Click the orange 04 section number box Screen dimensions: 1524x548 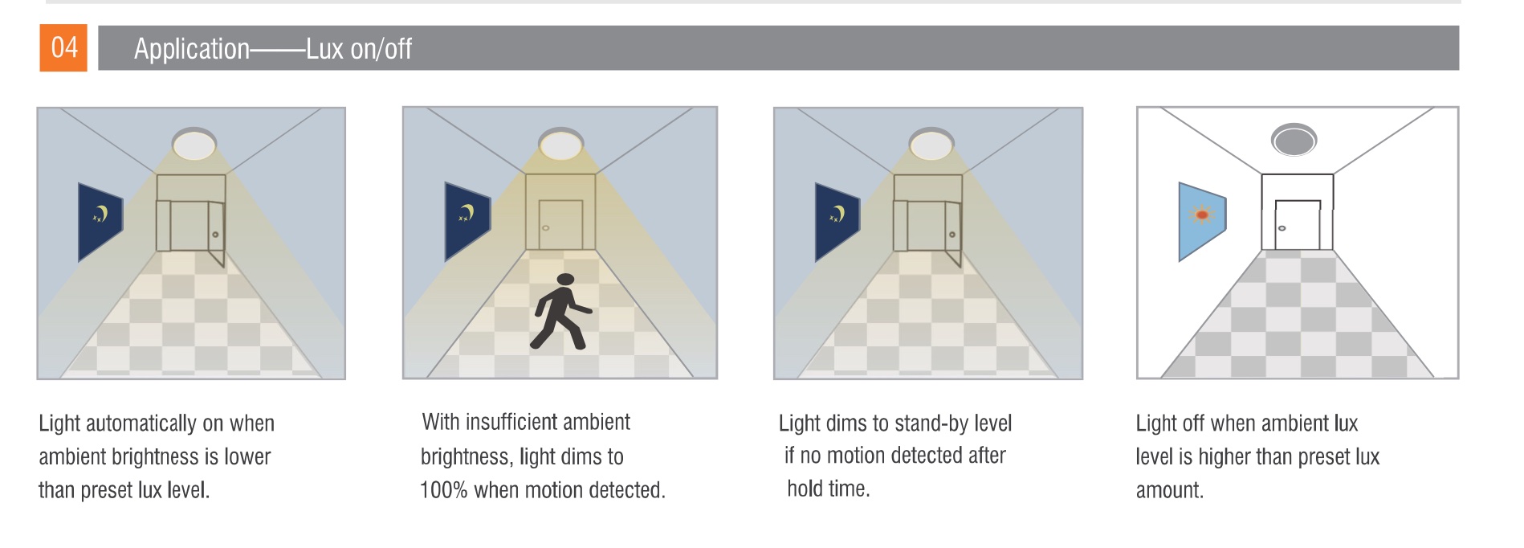(x=63, y=48)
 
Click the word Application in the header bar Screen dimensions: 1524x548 (x=192, y=50)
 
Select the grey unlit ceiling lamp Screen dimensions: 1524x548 (x=1294, y=140)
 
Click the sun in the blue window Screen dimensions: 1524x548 (x=1202, y=215)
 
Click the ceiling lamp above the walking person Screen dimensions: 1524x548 (x=561, y=145)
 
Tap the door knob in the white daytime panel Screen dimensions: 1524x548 (x=1282, y=228)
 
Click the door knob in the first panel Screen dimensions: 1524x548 (x=215, y=235)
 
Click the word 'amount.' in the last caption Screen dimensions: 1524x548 (x=1169, y=490)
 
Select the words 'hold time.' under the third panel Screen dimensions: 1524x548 (x=829, y=489)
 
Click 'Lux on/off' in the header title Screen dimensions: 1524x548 (x=359, y=50)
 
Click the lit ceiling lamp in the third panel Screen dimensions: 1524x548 (x=931, y=145)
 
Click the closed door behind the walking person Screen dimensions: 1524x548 (x=560, y=226)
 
